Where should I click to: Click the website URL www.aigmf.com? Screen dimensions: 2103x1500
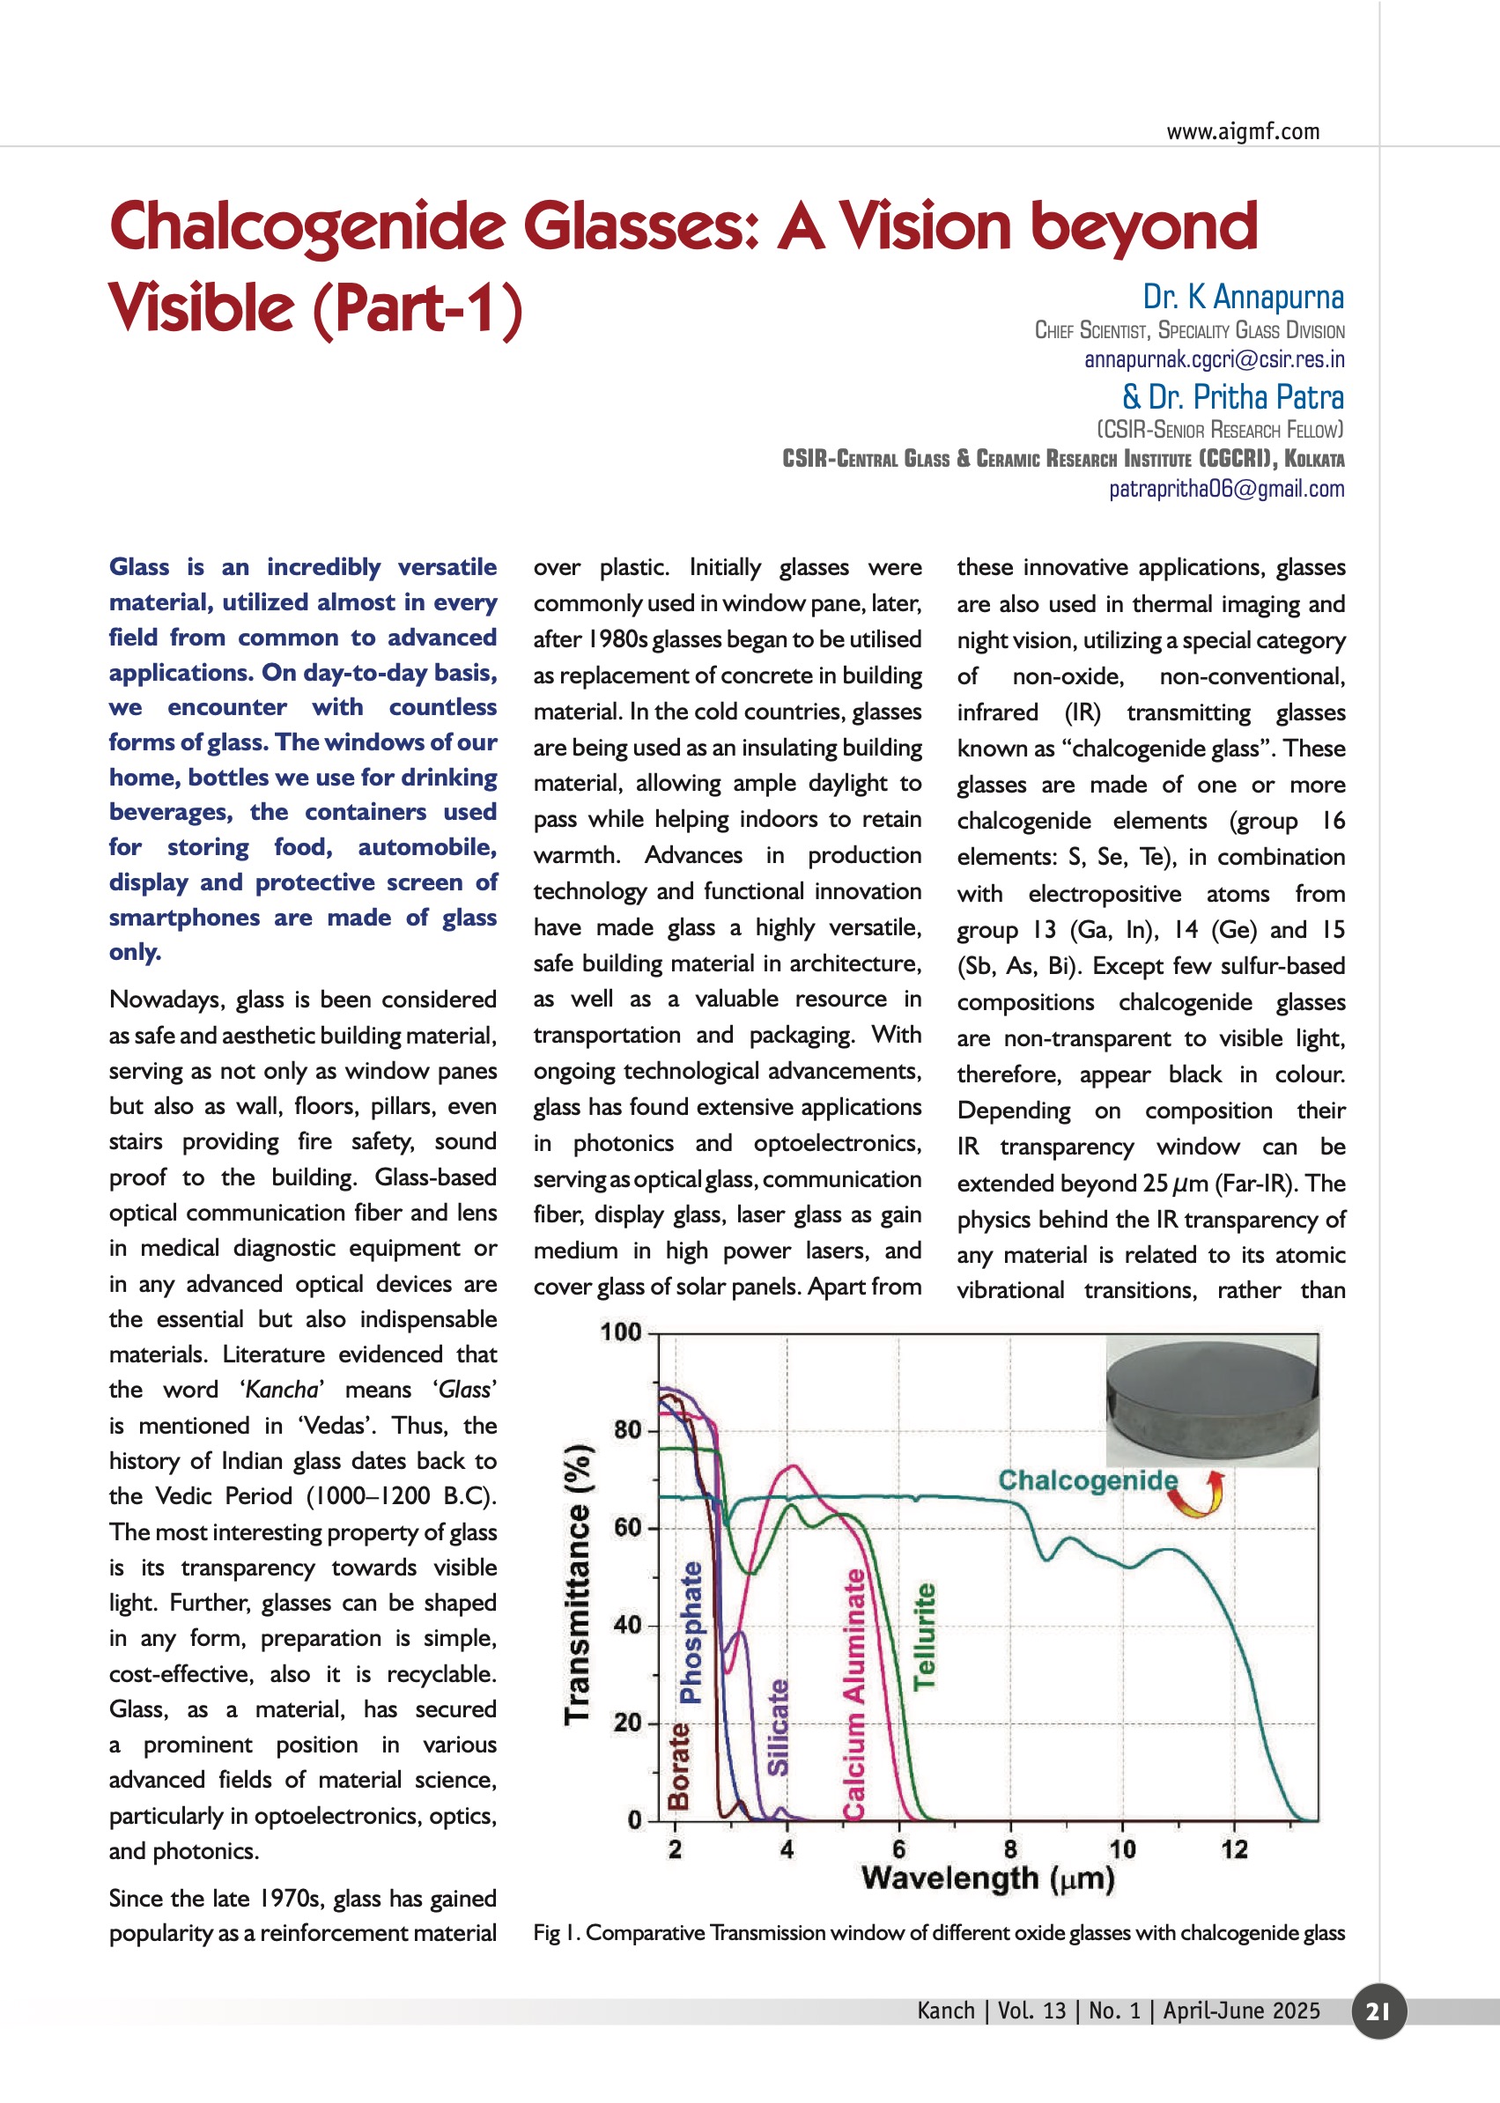1242,131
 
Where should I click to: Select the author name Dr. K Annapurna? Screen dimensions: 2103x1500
1242,297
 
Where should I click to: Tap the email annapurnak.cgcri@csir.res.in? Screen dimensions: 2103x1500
1214,359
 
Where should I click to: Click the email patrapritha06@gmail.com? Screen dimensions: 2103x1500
1226,489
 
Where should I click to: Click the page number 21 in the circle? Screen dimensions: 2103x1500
1378,2011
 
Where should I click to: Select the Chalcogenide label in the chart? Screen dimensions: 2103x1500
1087,1480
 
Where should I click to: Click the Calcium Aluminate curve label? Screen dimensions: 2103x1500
854,1694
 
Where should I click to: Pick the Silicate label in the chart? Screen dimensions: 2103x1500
779,1727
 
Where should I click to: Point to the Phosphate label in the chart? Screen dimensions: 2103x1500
691,1633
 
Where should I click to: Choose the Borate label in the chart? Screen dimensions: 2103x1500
679,1766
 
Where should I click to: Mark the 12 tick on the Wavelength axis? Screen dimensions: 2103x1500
1234,1849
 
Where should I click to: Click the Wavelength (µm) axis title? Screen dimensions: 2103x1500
987,1878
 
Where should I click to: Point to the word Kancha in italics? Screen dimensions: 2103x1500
283,1390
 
